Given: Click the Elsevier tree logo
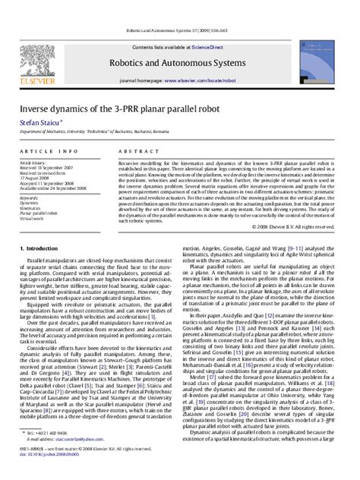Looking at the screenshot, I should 36,39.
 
